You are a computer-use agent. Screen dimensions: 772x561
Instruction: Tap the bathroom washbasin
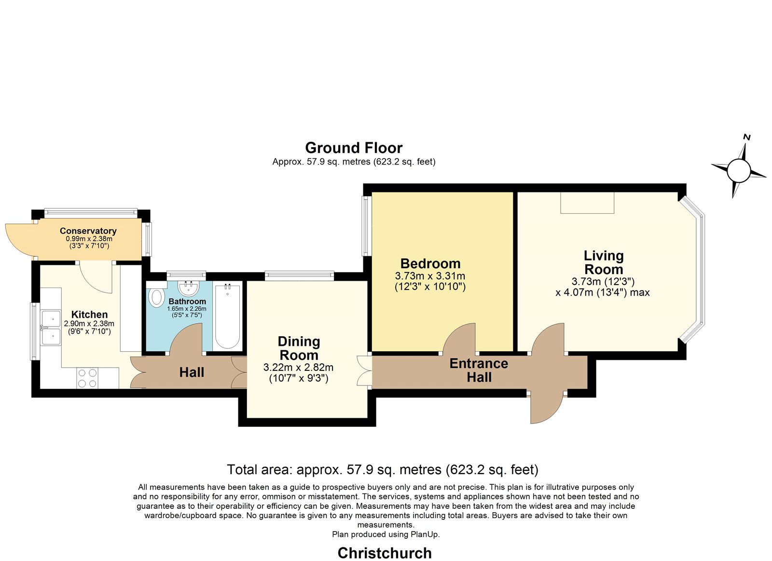click(x=188, y=288)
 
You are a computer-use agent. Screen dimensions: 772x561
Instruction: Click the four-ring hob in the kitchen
click(x=87, y=378)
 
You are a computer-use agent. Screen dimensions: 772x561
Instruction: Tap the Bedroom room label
click(x=430, y=263)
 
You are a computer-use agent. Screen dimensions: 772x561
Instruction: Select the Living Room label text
click(x=604, y=262)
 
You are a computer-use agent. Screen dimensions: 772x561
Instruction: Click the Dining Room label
click(x=299, y=348)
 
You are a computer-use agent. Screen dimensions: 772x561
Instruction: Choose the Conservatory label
click(x=88, y=231)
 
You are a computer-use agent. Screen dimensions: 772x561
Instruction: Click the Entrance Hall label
click(x=479, y=370)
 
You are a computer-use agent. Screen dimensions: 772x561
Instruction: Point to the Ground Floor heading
click(x=354, y=148)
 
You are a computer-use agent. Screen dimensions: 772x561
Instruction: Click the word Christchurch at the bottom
click(x=385, y=553)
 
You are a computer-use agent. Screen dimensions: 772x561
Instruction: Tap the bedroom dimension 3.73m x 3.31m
click(x=430, y=276)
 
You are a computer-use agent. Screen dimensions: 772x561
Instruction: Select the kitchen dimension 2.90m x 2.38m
click(x=89, y=324)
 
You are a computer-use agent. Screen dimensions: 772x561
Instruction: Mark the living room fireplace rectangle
click(x=587, y=203)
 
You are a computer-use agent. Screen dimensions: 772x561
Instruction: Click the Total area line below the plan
click(x=383, y=470)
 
